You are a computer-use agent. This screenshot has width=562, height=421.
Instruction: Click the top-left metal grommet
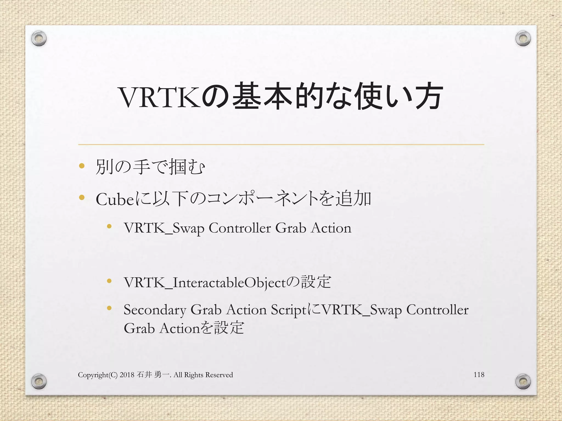pyautogui.click(x=39, y=39)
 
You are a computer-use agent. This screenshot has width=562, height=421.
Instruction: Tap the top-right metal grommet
pyautogui.click(x=523, y=39)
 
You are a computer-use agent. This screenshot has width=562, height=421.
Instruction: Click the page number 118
pyautogui.click(x=479, y=374)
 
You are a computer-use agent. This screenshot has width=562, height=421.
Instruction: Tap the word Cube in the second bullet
pyautogui.click(x=115, y=199)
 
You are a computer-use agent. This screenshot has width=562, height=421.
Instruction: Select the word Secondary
pyautogui.click(x=155, y=310)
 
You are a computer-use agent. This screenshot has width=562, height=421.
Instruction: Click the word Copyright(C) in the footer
pyautogui.click(x=98, y=375)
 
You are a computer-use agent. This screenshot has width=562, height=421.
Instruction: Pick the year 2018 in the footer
pyautogui.click(x=127, y=375)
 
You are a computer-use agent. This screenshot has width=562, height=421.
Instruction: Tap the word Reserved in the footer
pyautogui.click(x=219, y=375)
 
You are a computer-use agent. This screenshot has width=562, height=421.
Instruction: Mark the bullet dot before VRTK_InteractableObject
pyautogui.click(x=109, y=281)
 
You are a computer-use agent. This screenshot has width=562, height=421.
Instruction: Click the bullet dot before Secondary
pyautogui.click(x=109, y=308)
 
